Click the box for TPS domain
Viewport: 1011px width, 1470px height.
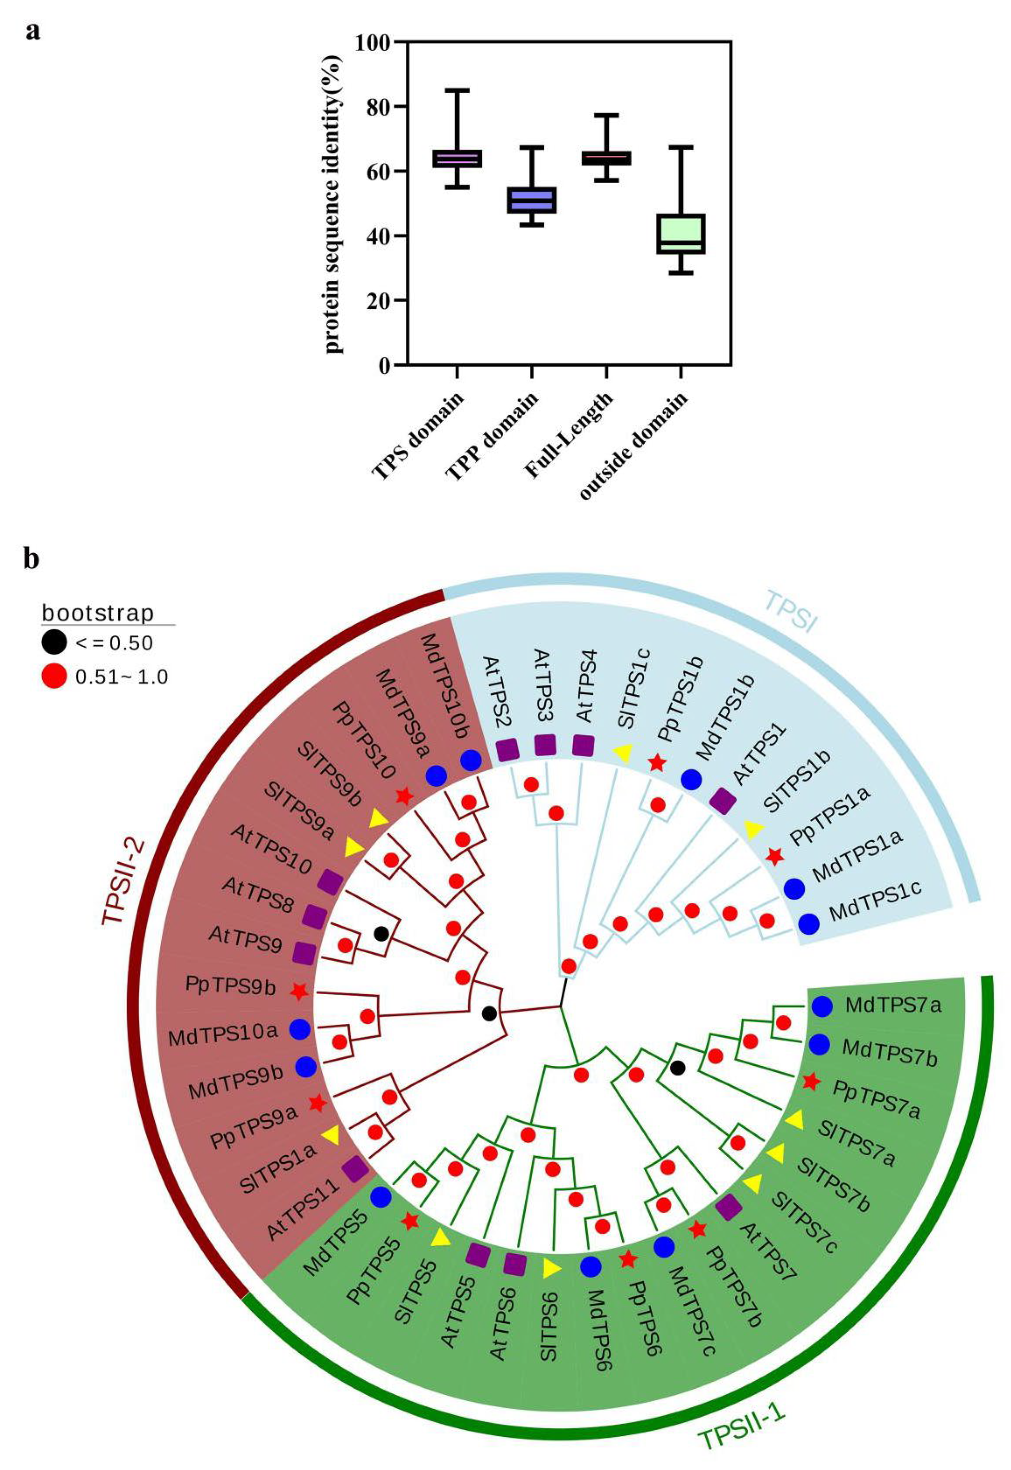457,159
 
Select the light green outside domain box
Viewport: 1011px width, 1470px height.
680,234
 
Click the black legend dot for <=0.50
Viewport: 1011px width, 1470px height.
55,642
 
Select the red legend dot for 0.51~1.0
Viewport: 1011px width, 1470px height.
55,677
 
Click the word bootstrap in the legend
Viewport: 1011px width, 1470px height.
98,613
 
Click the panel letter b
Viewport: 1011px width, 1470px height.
32,559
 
